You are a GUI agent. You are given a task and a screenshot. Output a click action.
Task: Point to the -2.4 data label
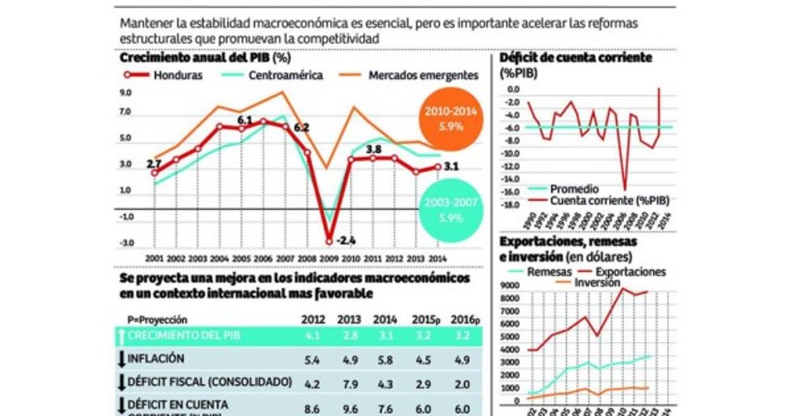(346, 240)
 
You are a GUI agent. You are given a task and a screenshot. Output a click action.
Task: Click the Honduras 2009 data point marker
(328, 240)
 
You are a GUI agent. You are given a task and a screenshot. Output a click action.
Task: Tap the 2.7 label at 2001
(154, 163)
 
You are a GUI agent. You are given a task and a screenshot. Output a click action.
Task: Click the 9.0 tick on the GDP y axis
(126, 93)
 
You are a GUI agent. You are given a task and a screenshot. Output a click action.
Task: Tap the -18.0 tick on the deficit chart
(511, 205)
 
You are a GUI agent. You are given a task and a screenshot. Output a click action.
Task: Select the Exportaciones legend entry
(630, 272)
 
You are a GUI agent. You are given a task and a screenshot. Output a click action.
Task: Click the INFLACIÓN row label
(156, 359)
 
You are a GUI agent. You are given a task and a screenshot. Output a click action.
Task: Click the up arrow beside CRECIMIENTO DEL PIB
(122, 335)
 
